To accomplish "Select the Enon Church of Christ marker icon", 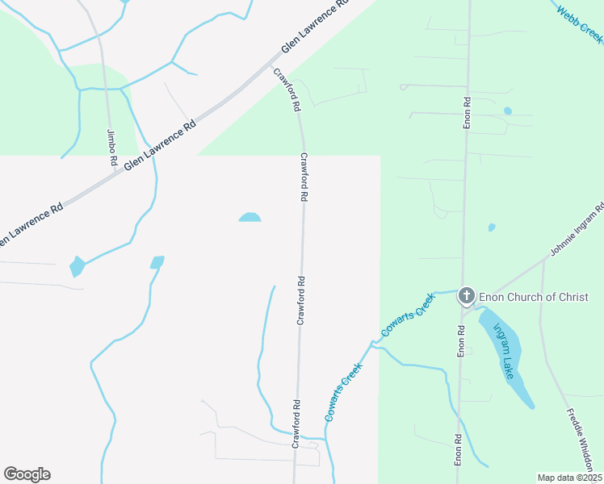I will tap(466, 297).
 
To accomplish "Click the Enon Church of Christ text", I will tap(534, 297).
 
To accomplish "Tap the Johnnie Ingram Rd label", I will tap(577, 231).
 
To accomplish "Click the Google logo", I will tap(27, 474).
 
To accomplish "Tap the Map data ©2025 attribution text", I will tap(570, 478).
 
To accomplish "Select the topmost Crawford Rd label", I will tap(287, 90).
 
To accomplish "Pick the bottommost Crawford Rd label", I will tap(296, 423).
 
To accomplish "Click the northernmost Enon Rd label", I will tap(467, 114).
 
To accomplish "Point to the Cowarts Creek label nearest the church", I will tap(408, 314).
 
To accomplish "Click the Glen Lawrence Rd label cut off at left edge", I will tap(30, 224).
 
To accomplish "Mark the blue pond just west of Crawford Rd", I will tap(250, 217).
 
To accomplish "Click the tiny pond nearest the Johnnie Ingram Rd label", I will tap(492, 227).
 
